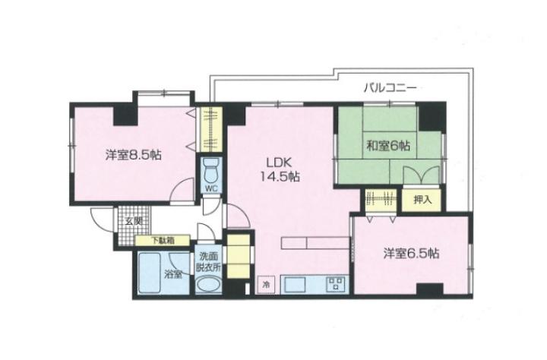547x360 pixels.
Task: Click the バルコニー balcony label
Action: pos(390,87)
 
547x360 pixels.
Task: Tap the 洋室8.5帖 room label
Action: pos(134,155)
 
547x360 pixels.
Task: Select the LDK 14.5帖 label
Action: pos(279,169)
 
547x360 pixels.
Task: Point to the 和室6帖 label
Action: pos(388,145)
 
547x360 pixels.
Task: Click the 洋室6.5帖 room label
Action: pos(411,253)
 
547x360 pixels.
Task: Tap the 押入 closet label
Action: pos(422,200)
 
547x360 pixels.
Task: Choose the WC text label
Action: pos(211,188)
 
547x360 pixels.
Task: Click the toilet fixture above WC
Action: pos(211,170)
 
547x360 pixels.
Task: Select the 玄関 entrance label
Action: pos(134,221)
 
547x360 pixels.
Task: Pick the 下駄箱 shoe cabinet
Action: pos(163,240)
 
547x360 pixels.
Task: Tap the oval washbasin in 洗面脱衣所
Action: pos(209,284)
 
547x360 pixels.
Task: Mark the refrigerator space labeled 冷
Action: pos(266,285)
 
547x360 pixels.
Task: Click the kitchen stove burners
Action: pos(336,283)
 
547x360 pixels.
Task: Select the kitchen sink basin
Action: pos(295,284)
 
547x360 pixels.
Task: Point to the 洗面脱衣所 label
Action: pos(208,261)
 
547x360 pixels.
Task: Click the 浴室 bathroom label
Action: pos(173,274)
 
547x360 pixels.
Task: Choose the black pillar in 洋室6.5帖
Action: pos(430,289)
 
